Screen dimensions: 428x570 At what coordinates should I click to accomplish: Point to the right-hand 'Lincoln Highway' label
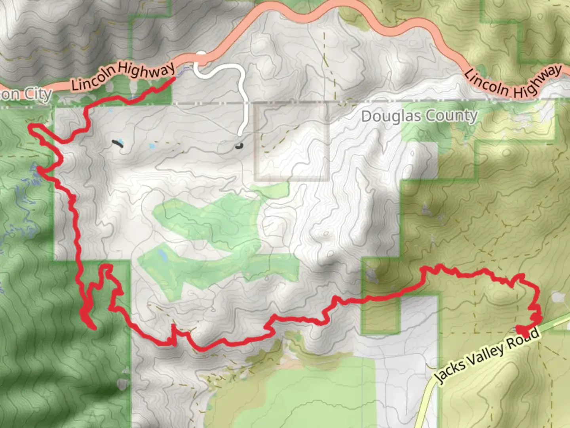pos(513,83)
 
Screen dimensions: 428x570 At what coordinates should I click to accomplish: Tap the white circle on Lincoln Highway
pos(201,55)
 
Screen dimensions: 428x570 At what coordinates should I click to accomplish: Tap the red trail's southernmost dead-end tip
pos(94,328)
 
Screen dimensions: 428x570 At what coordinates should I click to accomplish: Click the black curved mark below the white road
pos(238,146)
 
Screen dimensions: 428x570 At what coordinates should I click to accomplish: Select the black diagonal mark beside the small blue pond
pos(117,143)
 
